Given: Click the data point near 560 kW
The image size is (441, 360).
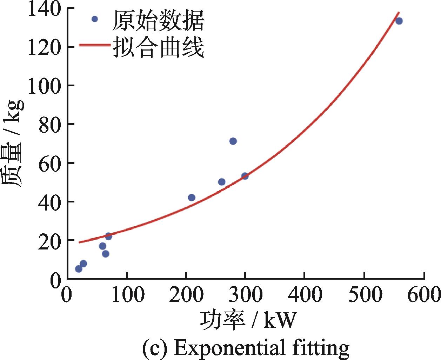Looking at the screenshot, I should click(x=399, y=21).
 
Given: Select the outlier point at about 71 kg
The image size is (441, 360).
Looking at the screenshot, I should click(x=233, y=141).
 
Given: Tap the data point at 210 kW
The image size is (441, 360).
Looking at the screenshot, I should click(x=192, y=198).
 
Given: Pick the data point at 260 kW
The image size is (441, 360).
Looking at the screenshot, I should click(x=222, y=182).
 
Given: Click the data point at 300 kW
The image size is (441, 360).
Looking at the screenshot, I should click(x=245, y=176).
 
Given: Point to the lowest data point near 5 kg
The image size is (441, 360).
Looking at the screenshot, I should click(x=79, y=269).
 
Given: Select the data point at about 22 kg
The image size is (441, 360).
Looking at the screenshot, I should click(x=108, y=236).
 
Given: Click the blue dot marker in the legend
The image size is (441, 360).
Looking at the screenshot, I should click(x=94, y=19).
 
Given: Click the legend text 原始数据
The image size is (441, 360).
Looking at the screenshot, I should click(x=158, y=20).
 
